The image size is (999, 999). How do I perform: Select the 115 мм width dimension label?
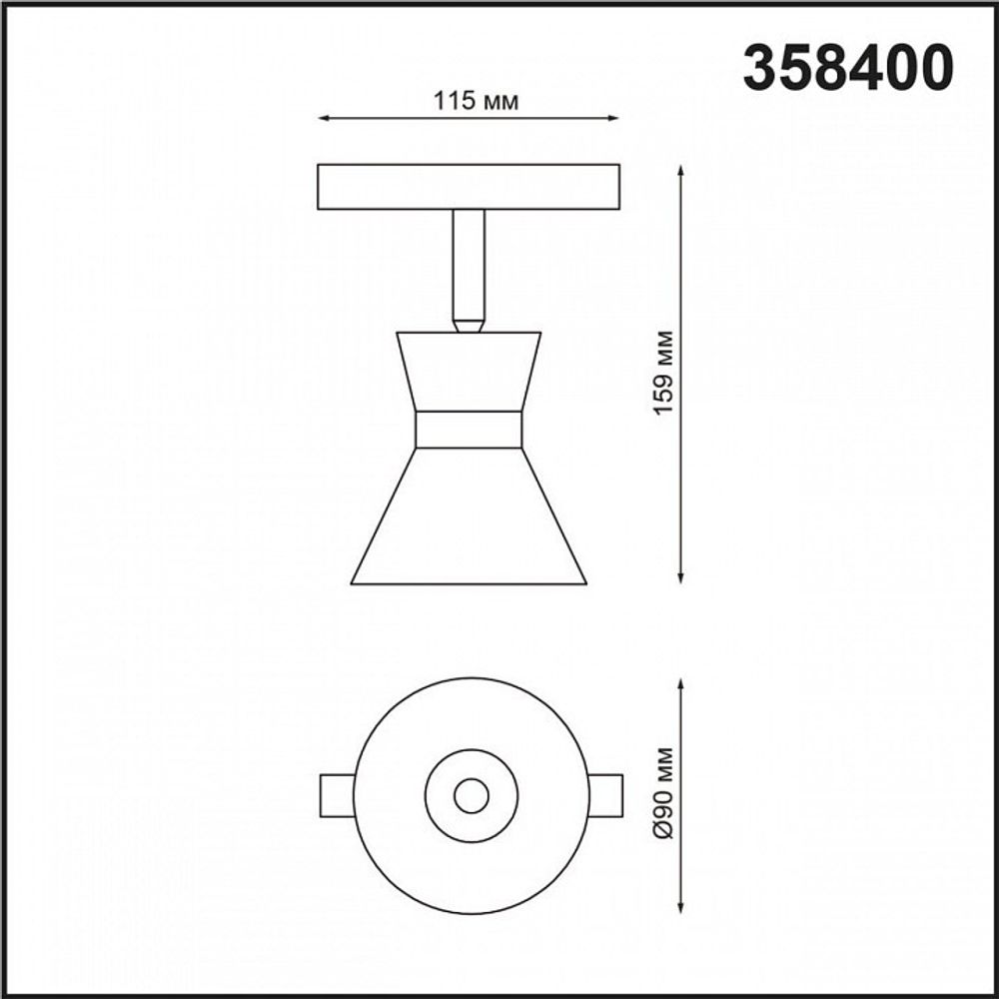[x=469, y=101]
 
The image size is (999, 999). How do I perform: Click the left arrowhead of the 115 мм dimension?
[x=322, y=119]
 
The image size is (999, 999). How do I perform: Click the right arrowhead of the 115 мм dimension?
[x=613, y=119]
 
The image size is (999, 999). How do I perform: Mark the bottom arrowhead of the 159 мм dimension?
[x=680, y=576]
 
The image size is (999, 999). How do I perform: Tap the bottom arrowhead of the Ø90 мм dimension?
[x=680, y=907]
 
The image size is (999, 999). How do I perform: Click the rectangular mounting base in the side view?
[x=468, y=187]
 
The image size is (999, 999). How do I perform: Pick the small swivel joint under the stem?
[x=468, y=324]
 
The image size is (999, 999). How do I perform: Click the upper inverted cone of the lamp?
[x=469, y=370]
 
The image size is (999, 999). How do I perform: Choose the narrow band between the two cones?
[x=469, y=430]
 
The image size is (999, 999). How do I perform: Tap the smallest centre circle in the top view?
[x=472, y=796]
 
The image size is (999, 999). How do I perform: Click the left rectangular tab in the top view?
[x=336, y=796]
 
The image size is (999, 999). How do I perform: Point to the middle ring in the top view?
[x=440, y=796]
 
